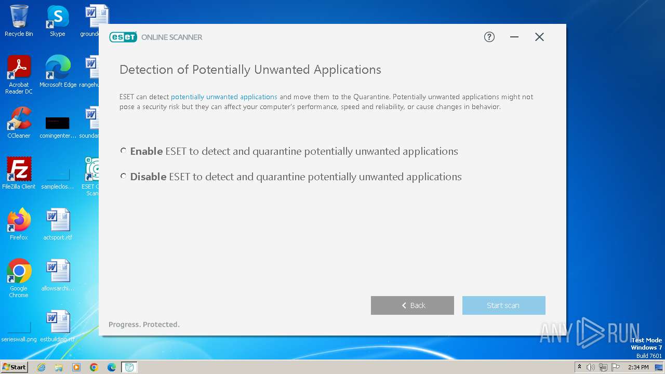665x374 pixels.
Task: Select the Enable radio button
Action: tap(123, 151)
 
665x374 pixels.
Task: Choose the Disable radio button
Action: tap(123, 176)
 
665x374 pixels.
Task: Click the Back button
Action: tap(413, 305)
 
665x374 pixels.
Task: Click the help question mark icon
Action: tap(489, 37)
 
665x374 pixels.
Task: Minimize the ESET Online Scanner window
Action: tap(514, 37)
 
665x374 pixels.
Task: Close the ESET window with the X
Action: tap(539, 37)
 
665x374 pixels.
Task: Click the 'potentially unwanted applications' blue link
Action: tap(224, 97)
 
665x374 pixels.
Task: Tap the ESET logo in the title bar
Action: tap(123, 37)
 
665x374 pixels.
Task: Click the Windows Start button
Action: tap(15, 367)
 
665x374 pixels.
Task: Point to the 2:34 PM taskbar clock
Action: tap(638, 367)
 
